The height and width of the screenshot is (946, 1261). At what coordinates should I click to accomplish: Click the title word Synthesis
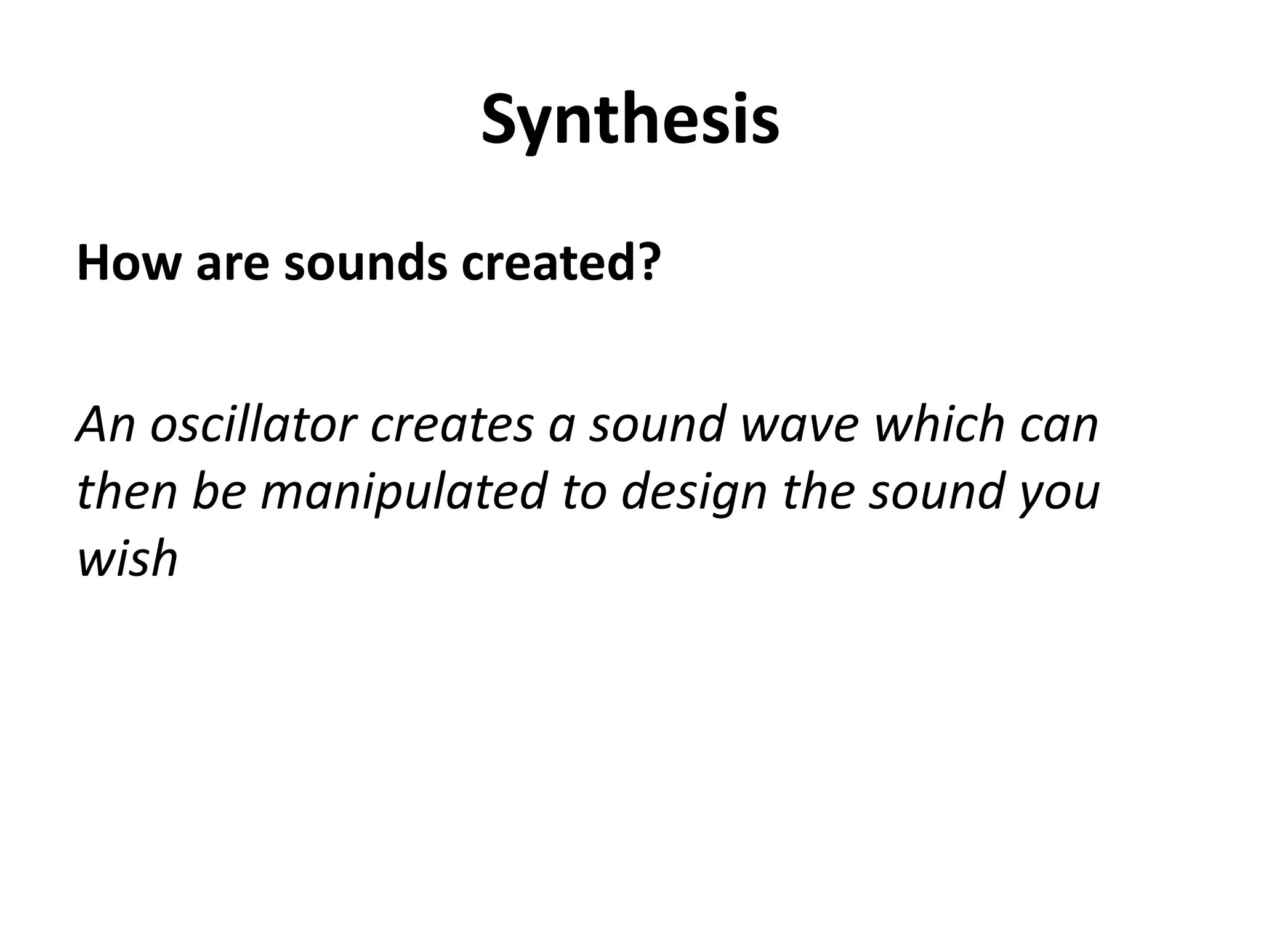[630, 120]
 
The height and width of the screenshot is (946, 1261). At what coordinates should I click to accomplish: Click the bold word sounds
[365, 263]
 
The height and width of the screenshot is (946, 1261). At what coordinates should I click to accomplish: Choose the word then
[127, 491]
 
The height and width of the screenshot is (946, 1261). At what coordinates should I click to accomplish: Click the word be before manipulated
[219, 491]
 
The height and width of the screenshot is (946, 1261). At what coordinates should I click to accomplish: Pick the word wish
[127, 558]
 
